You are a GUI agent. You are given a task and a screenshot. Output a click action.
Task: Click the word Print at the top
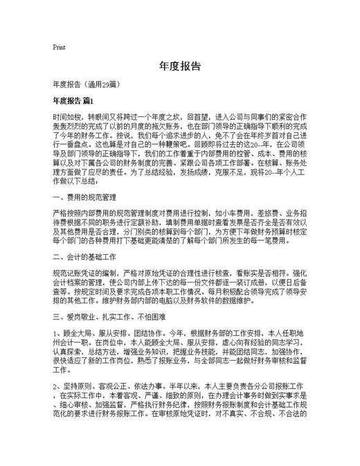[x=59, y=48]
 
